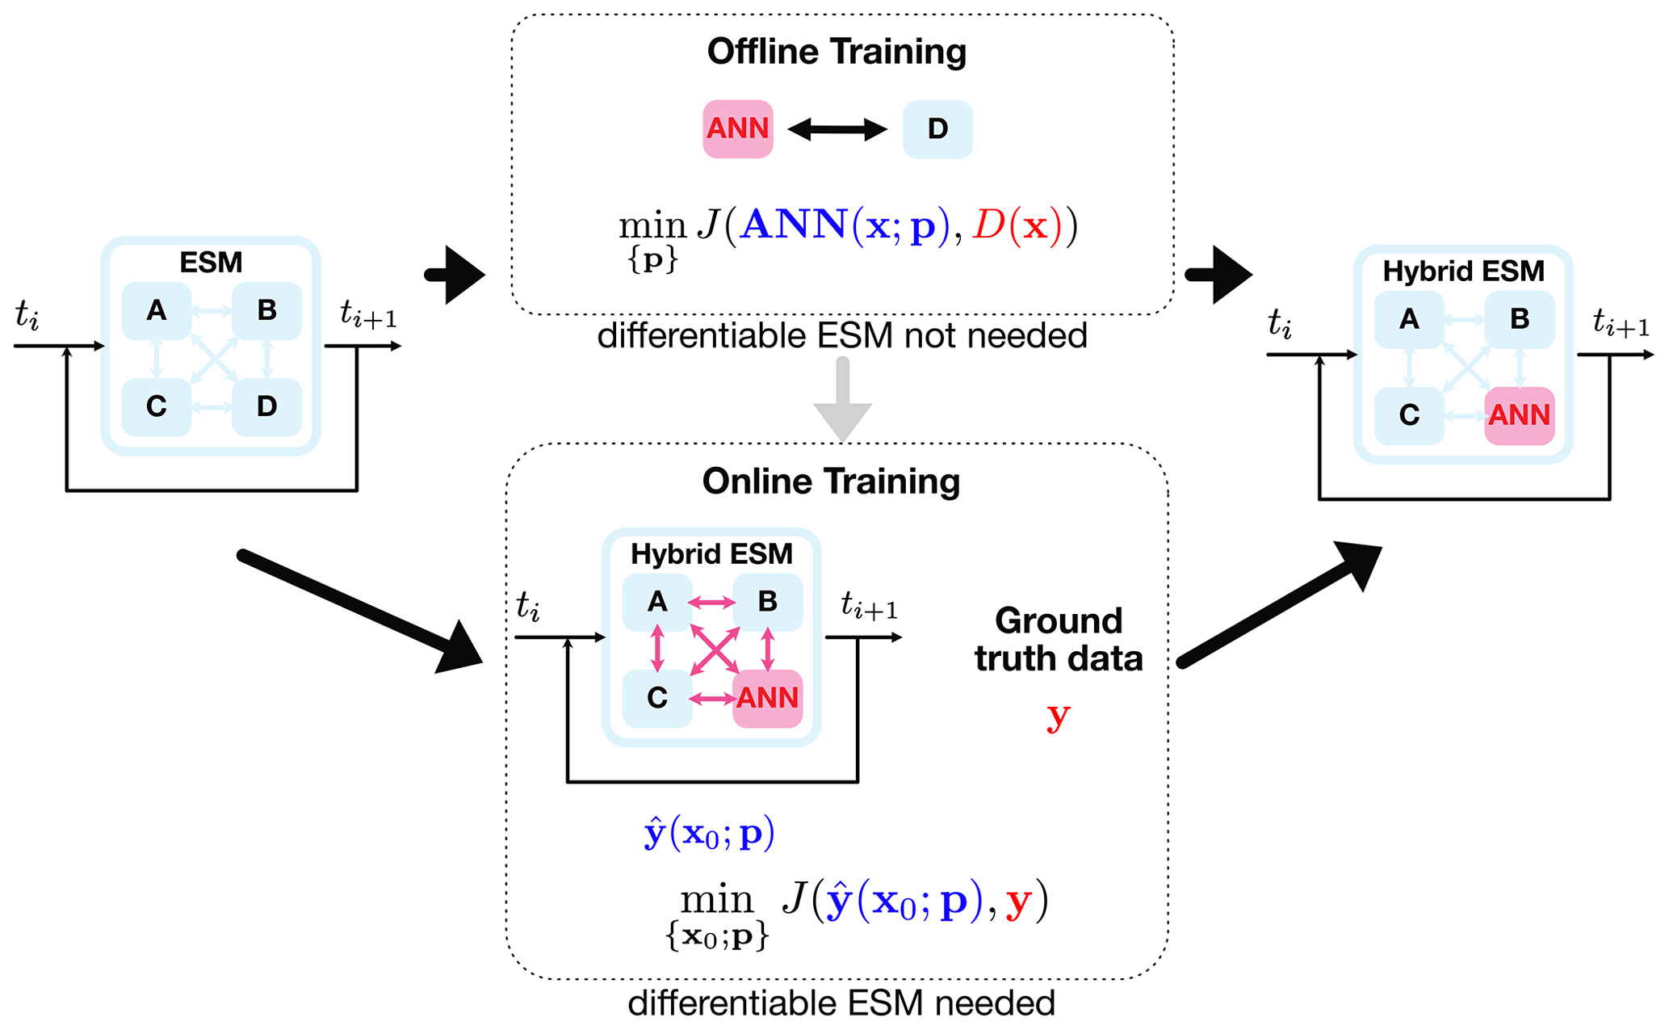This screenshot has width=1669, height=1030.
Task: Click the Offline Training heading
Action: click(x=836, y=52)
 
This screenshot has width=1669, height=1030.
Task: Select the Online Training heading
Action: click(x=831, y=481)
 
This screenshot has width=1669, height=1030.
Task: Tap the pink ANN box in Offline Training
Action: click(x=737, y=128)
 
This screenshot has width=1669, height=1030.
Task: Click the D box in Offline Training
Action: click(x=937, y=128)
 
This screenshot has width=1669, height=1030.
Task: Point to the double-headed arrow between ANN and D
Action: click(x=837, y=129)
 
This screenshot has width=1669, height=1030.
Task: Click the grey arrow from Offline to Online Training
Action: click(x=842, y=400)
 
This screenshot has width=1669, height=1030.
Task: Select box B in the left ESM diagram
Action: click(x=266, y=311)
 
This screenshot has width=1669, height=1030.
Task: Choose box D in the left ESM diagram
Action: click(x=266, y=406)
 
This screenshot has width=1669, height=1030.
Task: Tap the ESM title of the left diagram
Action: click(x=211, y=263)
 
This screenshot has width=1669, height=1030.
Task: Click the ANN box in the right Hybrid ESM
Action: click(x=1519, y=415)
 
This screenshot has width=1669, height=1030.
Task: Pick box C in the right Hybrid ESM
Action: click(x=1409, y=415)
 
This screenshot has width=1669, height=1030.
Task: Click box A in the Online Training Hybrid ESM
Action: click(x=657, y=602)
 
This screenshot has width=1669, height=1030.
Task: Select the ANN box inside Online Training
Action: click(x=767, y=698)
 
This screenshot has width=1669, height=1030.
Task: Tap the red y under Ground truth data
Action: click(x=1058, y=716)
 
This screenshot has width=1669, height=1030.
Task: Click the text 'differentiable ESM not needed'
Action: click(x=841, y=336)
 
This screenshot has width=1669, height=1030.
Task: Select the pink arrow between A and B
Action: click(x=711, y=602)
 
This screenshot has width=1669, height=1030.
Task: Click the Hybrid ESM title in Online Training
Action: click(x=711, y=554)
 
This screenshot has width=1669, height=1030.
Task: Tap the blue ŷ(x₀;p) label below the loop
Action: click(x=709, y=833)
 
